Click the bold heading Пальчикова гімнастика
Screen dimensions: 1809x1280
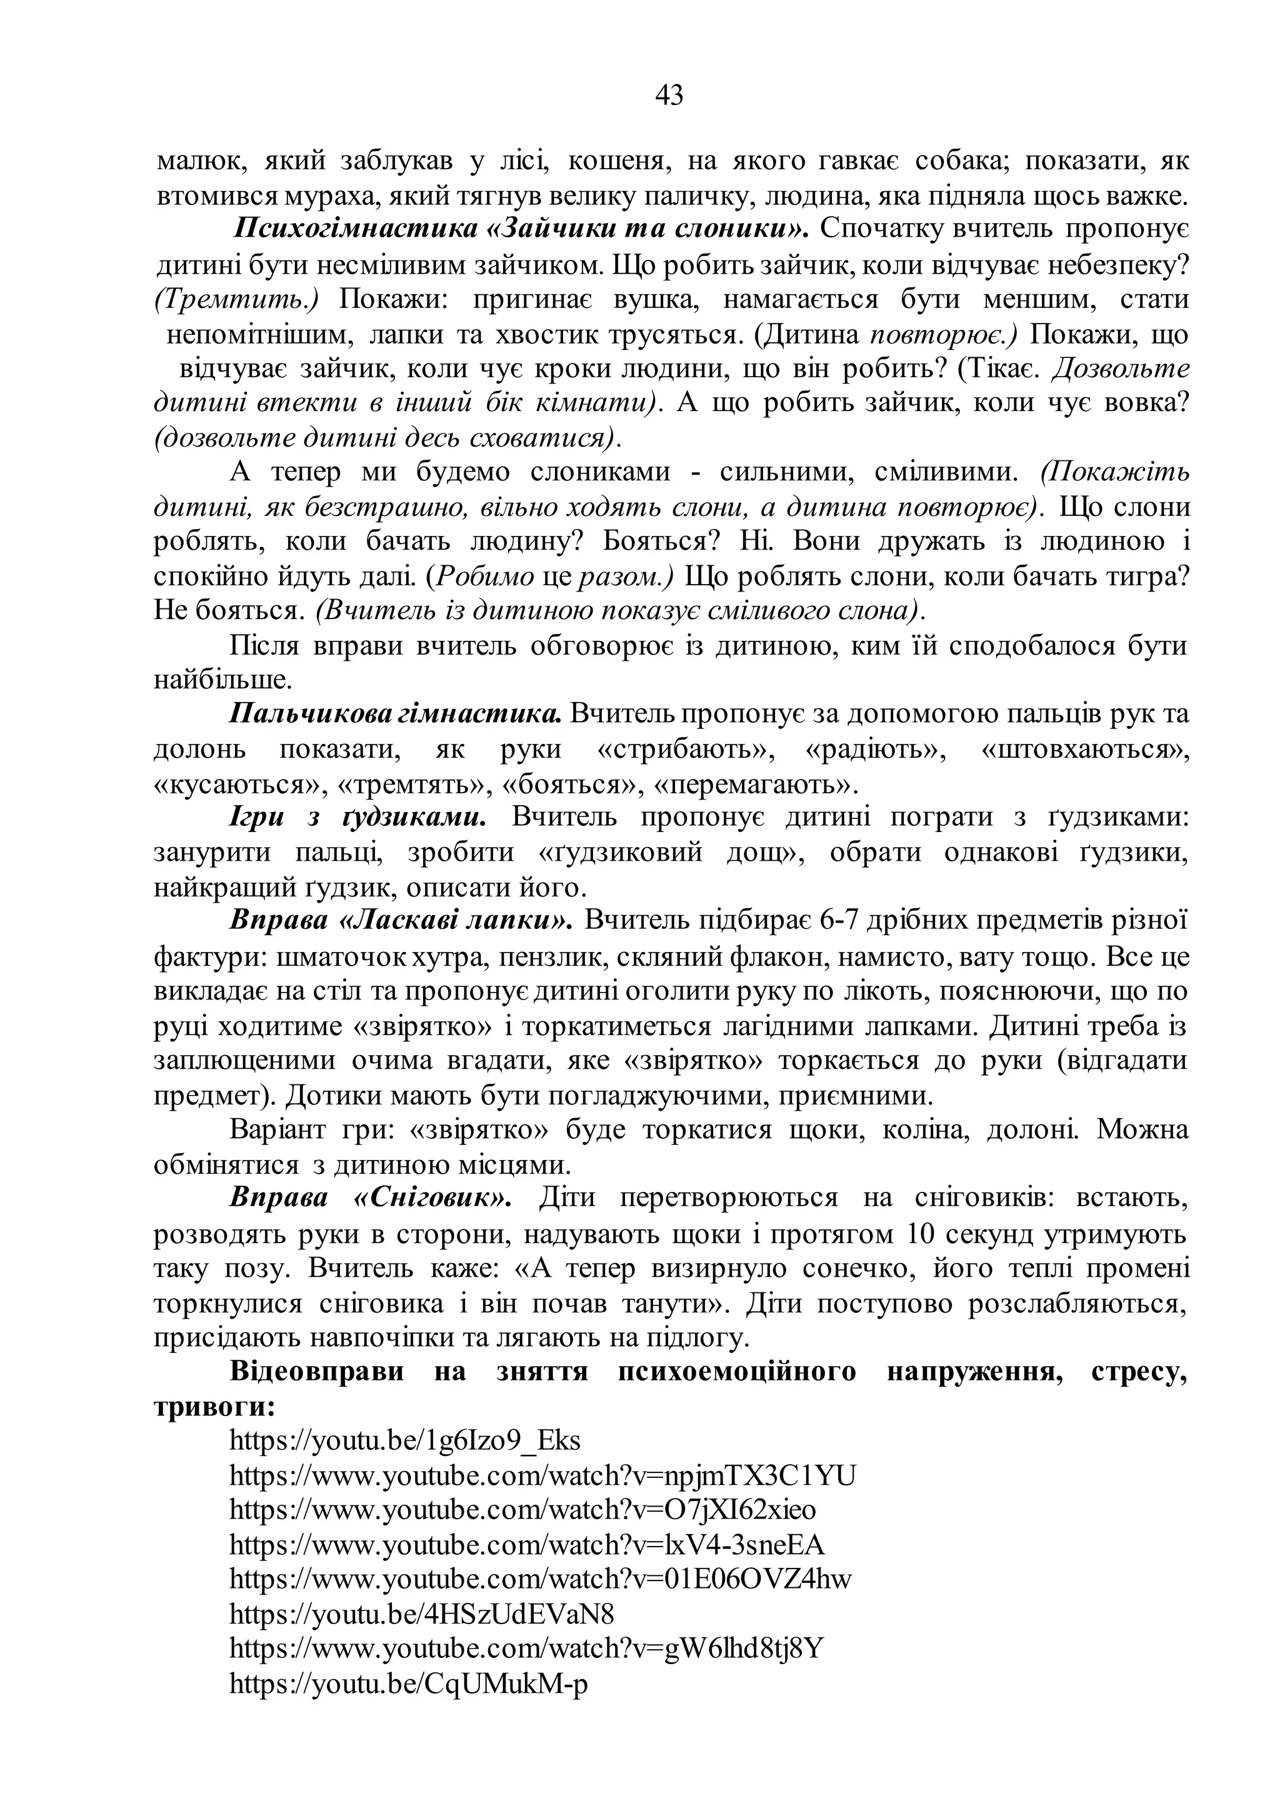[396, 715]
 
